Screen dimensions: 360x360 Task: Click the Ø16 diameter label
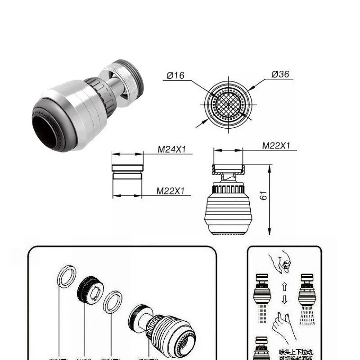175,75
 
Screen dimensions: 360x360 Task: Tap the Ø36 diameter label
280,75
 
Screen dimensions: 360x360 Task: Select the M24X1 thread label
171,149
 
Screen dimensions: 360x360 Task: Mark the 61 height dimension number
264,195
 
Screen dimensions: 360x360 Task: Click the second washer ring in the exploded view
112,302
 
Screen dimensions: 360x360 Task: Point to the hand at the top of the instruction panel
280,263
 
